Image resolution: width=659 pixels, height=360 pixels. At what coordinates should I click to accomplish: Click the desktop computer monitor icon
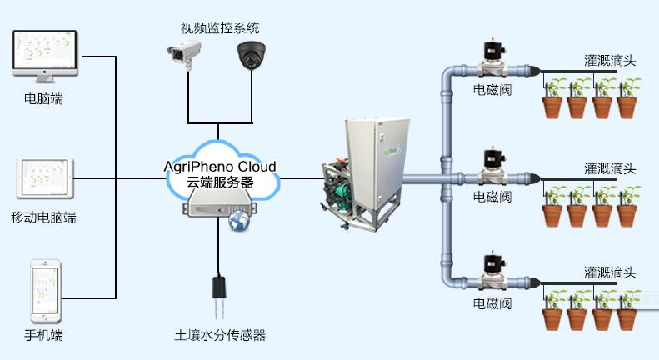pyautogui.click(x=45, y=56)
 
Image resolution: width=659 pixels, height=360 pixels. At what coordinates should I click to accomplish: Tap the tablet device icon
pyautogui.click(x=45, y=177)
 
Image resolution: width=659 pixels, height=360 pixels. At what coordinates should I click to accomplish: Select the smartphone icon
pyautogui.click(x=46, y=291)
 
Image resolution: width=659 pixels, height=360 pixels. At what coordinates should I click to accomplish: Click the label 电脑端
pyautogui.click(x=43, y=99)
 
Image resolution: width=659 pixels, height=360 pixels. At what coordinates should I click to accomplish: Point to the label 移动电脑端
pyautogui.click(x=43, y=217)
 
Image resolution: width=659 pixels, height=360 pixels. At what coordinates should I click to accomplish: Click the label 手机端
pyautogui.click(x=43, y=335)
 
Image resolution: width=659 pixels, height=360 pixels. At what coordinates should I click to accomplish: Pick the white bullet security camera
pyautogui.click(x=184, y=53)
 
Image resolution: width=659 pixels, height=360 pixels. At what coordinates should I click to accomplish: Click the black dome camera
pyautogui.click(x=252, y=55)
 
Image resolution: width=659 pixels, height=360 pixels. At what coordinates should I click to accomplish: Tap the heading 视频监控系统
pyautogui.click(x=220, y=28)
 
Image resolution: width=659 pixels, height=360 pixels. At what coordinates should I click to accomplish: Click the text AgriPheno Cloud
pyautogui.click(x=220, y=167)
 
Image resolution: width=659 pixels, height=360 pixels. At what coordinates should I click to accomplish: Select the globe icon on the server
pyautogui.click(x=240, y=221)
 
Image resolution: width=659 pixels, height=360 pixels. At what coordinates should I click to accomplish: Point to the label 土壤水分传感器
pyautogui.click(x=220, y=335)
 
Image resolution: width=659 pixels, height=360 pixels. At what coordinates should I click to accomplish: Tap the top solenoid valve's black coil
pyautogui.click(x=494, y=51)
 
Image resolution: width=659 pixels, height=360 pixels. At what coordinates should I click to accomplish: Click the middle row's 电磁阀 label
pyautogui.click(x=492, y=197)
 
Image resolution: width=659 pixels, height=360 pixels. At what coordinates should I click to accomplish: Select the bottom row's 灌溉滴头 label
pyautogui.click(x=610, y=272)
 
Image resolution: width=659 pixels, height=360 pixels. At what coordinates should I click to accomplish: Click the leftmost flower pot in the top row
pyautogui.click(x=552, y=107)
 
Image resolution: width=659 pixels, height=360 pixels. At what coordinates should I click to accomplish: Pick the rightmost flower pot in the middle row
pyautogui.click(x=627, y=216)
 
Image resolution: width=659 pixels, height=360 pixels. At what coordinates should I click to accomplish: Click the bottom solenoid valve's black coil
pyautogui.click(x=494, y=263)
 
